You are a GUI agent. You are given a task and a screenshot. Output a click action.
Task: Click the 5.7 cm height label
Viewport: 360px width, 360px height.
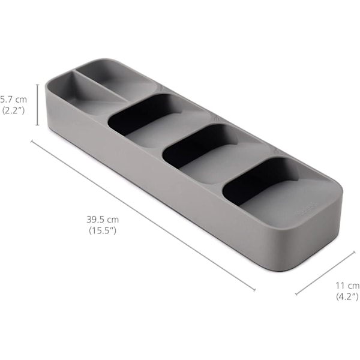(13, 100)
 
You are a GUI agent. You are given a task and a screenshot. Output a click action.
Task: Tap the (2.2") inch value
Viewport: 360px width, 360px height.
(13, 111)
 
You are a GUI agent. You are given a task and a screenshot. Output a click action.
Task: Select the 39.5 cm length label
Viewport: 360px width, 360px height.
(103, 220)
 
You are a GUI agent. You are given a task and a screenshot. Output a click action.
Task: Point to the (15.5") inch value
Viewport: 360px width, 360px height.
(103, 230)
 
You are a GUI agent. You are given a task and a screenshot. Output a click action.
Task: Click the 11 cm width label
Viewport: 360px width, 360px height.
(347, 286)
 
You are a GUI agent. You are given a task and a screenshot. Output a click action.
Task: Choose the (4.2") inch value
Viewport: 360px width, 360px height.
(347, 296)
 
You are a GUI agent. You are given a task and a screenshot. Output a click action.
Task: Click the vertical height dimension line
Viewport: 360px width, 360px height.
(38, 105)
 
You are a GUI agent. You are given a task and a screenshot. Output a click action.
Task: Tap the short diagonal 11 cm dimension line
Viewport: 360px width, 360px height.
(325, 273)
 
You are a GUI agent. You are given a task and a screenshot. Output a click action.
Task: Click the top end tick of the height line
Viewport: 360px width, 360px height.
(38, 85)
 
